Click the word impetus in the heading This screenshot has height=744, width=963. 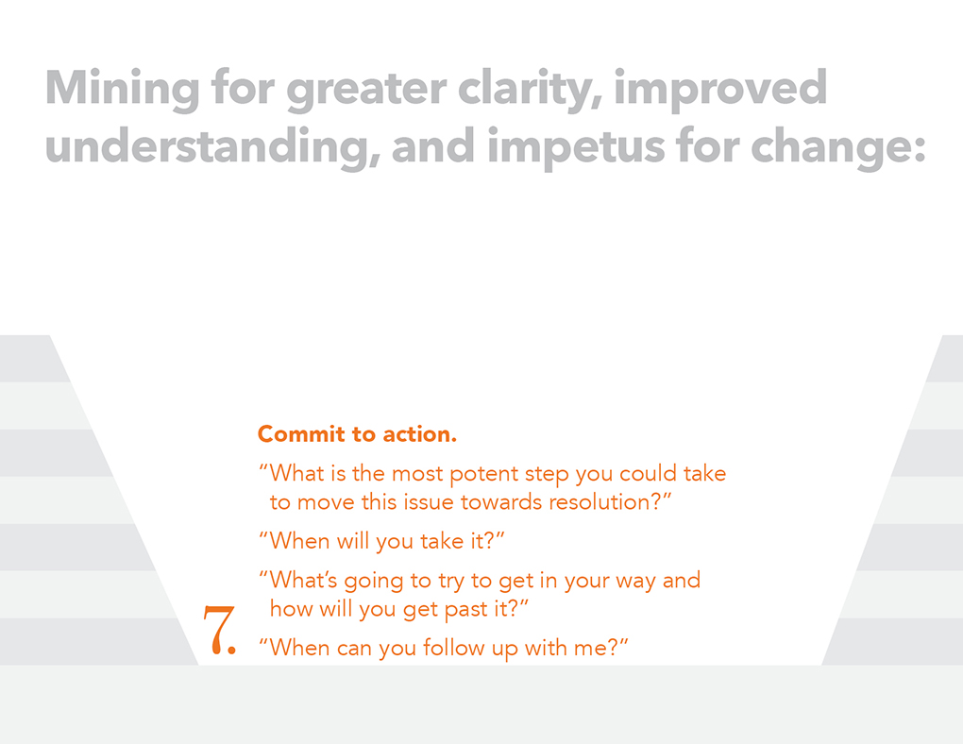576,147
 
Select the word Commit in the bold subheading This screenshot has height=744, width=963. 301,433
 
